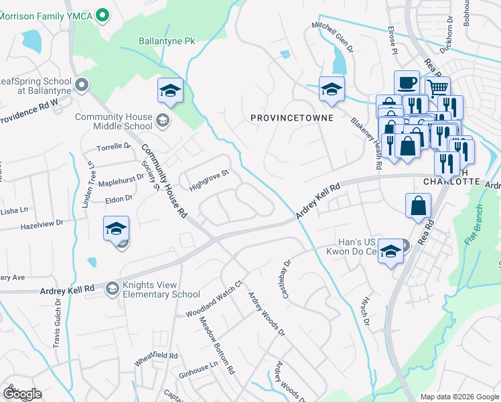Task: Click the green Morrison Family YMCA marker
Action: coord(102,14)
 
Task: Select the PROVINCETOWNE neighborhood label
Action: coord(291,118)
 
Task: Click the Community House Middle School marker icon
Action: coord(161,121)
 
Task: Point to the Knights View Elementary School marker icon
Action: coord(111,288)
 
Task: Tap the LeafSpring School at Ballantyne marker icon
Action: coord(82,84)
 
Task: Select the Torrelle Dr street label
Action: coord(114,146)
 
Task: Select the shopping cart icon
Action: coord(437,88)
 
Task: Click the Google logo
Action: coord(21,394)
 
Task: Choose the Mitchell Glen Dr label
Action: coord(332,37)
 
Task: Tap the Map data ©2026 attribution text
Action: coord(459,397)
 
